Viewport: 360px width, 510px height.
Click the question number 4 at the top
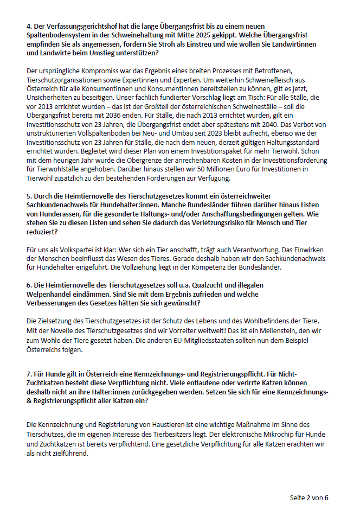(x=29, y=27)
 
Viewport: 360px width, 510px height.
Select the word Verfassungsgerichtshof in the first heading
(x=73, y=27)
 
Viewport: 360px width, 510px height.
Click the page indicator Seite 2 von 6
(x=309, y=498)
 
